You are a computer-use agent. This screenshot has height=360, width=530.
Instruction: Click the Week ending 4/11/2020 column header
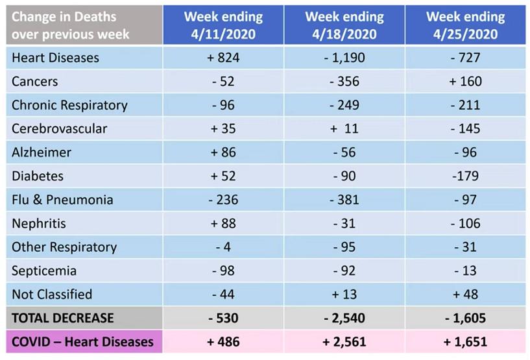(x=223, y=25)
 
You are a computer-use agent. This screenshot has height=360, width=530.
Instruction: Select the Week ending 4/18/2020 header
(x=344, y=25)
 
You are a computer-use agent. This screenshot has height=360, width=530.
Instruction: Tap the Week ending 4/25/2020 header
(x=465, y=25)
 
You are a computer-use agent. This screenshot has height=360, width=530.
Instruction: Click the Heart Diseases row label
(x=56, y=58)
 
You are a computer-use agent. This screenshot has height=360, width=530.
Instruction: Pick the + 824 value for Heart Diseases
(x=223, y=58)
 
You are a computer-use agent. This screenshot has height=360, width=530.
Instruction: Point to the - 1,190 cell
(x=344, y=58)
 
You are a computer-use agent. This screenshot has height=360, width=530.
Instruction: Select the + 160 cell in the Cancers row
(x=465, y=81)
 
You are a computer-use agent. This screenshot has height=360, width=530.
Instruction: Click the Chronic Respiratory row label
(x=69, y=105)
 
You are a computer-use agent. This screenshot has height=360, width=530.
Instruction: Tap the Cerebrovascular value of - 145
(x=465, y=128)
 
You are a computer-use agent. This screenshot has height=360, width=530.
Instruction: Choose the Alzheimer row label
(x=42, y=152)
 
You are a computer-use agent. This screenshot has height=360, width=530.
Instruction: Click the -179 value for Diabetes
(x=465, y=176)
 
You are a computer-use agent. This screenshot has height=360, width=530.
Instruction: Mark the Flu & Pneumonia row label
(x=62, y=199)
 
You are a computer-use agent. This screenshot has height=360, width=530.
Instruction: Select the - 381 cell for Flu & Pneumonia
(x=344, y=199)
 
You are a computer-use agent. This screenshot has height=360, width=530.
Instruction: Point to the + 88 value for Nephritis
(x=223, y=223)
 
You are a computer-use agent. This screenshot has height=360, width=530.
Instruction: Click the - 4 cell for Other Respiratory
(x=223, y=246)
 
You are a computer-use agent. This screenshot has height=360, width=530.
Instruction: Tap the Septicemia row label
(x=44, y=270)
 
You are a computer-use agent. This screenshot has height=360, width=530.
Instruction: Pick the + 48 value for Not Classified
(x=465, y=294)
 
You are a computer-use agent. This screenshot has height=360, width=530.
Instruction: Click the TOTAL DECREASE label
(x=63, y=318)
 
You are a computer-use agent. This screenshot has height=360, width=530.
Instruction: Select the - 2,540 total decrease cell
(x=344, y=318)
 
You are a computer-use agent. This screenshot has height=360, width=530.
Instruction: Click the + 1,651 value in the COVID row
(x=465, y=341)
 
